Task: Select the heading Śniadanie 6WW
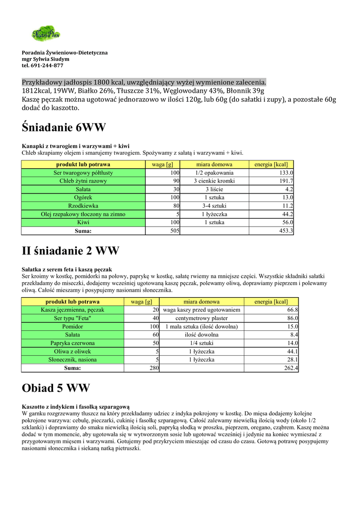[x=64, y=127]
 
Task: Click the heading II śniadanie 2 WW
[x=71, y=251]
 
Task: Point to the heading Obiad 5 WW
[x=56, y=388]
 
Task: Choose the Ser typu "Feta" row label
[x=72, y=318]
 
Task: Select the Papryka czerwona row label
[x=72, y=343]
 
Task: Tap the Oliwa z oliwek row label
[x=72, y=352]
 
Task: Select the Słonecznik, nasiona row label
[x=72, y=360]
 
